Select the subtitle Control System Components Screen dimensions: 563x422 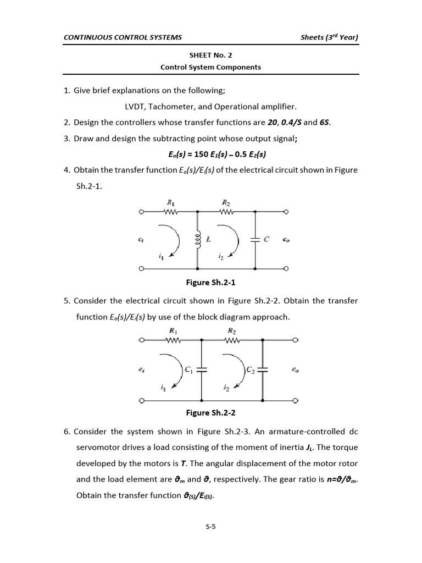click(x=210, y=67)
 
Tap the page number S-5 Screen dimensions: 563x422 click(x=211, y=527)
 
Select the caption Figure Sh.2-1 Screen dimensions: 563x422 click(x=210, y=283)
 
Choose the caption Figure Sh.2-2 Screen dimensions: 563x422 click(x=210, y=412)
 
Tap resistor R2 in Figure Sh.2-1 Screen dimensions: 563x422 click(x=226, y=211)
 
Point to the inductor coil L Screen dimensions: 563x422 click(x=198, y=240)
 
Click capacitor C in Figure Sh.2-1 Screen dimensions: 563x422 click(x=256, y=240)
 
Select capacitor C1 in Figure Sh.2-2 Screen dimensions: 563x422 click(x=202, y=370)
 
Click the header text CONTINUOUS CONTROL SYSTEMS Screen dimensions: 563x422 click(x=123, y=37)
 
